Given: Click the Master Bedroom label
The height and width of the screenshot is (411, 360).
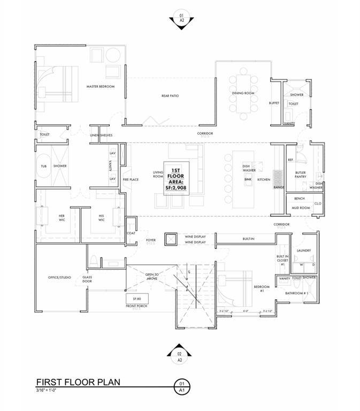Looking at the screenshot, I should point(101,86).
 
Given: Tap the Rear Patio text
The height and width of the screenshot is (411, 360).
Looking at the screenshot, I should point(170,96).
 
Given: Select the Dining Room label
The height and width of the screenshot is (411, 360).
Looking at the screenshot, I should point(243,93).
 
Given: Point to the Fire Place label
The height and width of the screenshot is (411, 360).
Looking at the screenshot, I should point(131,180).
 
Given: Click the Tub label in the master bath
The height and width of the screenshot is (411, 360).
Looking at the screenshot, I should point(44,166).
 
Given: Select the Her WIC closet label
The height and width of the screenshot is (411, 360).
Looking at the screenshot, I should point(62,218).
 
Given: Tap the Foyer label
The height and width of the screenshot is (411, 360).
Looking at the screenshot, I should point(151,240).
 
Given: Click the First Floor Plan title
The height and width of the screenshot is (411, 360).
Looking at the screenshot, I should point(78,382).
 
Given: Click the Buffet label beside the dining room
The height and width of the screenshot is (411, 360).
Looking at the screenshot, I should point(274,103).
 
